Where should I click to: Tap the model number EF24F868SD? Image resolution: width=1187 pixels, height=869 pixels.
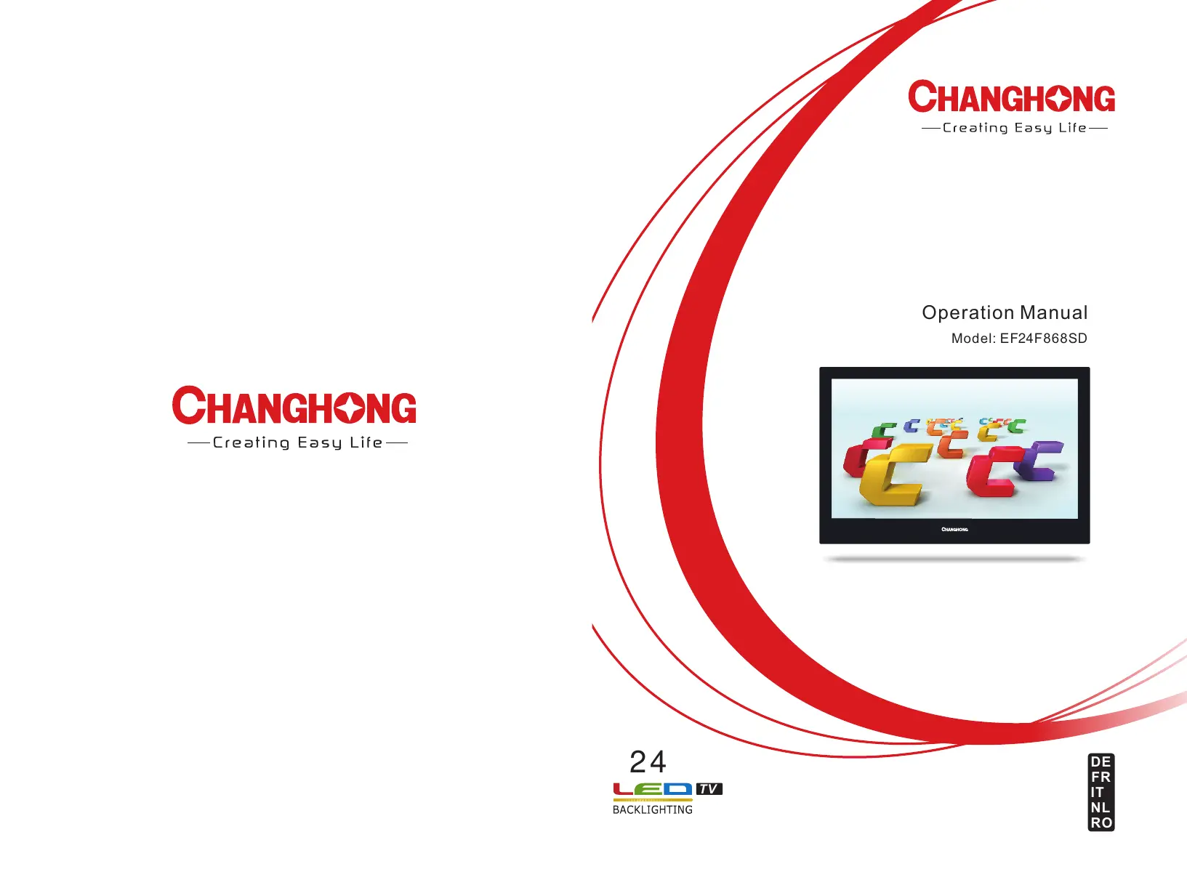click(1043, 339)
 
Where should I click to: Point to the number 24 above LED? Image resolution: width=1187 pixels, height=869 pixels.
click(648, 762)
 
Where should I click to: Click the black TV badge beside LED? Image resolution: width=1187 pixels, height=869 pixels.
click(709, 789)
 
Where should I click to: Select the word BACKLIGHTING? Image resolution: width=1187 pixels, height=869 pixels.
click(652, 809)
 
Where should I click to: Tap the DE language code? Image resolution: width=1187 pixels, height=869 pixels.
click(1101, 762)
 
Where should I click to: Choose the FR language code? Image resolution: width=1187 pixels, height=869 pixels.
click(1101, 777)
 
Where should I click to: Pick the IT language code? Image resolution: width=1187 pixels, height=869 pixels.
click(1097, 792)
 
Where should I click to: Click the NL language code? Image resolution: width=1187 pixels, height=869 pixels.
click(1100, 807)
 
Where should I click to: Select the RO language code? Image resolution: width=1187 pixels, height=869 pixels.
click(1101, 823)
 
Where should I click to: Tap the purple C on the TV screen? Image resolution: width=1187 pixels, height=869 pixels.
click(1039, 460)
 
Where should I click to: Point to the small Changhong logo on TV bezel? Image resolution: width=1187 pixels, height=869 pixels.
click(954, 529)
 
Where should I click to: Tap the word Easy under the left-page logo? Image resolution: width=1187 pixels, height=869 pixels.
click(320, 442)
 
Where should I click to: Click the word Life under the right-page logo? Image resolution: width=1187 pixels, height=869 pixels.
click(1073, 128)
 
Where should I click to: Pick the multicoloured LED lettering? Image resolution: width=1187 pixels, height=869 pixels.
click(653, 790)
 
